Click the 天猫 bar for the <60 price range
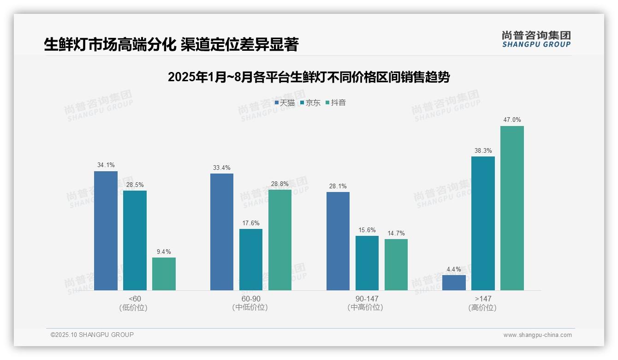(106, 231)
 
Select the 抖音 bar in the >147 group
(512, 208)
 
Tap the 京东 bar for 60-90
(250, 259)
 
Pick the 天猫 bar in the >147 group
(454, 282)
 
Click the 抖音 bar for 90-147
(396, 264)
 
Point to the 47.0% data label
(512, 120)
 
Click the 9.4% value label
(164, 252)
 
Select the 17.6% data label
(250, 223)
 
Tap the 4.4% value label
(454, 269)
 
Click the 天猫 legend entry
(285, 103)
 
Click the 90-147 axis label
(367, 299)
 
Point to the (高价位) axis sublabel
(482, 308)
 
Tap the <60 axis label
(135, 299)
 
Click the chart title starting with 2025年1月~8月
(309, 77)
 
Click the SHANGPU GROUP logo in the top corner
(536, 39)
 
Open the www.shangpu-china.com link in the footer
(537, 335)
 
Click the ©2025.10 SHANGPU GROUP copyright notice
(92, 335)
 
